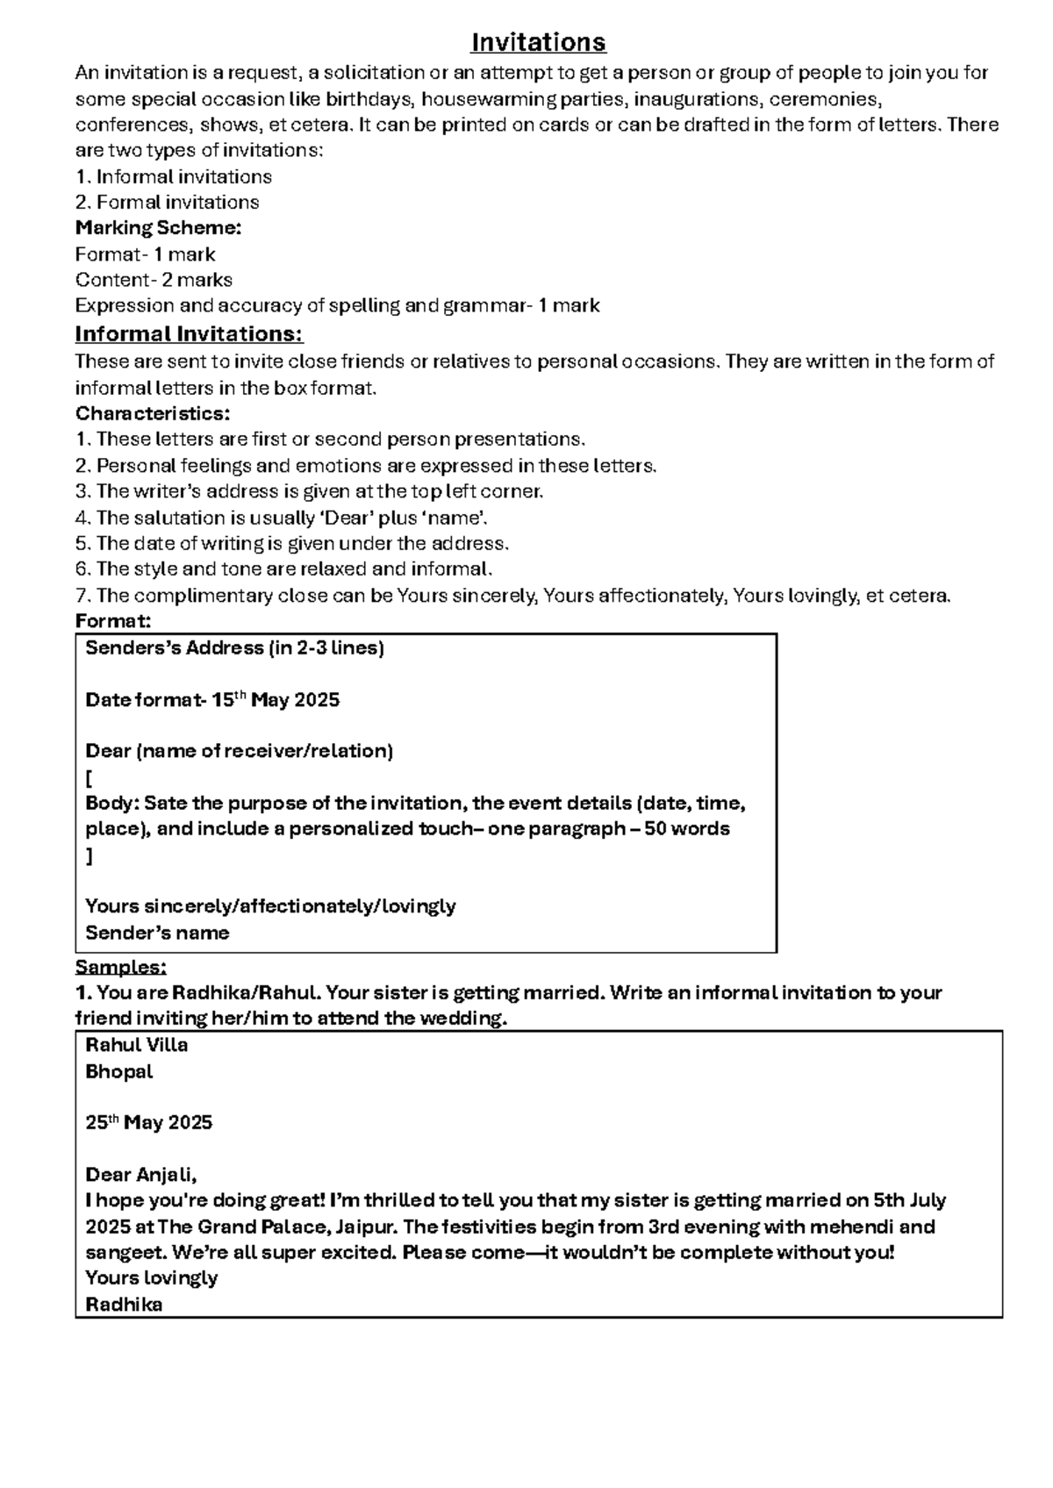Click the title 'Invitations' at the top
[538, 42]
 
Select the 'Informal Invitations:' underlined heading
[189, 334]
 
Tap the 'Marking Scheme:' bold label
[158, 228]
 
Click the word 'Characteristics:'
[153, 413]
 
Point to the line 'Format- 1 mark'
[145, 254]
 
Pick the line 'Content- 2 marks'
[154, 280]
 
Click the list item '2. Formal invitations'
[167, 203]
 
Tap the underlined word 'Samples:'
[120, 967]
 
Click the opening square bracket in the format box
[89, 778]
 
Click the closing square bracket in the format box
[89, 855]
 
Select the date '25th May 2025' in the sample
[148, 1123]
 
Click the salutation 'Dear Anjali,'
[141, 1175]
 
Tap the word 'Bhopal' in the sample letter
[119, 1071]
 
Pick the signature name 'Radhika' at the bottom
[124, 1304]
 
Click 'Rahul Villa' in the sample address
[136, 1045]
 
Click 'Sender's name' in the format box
[157, 933]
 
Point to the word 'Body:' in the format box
[111, 804]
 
